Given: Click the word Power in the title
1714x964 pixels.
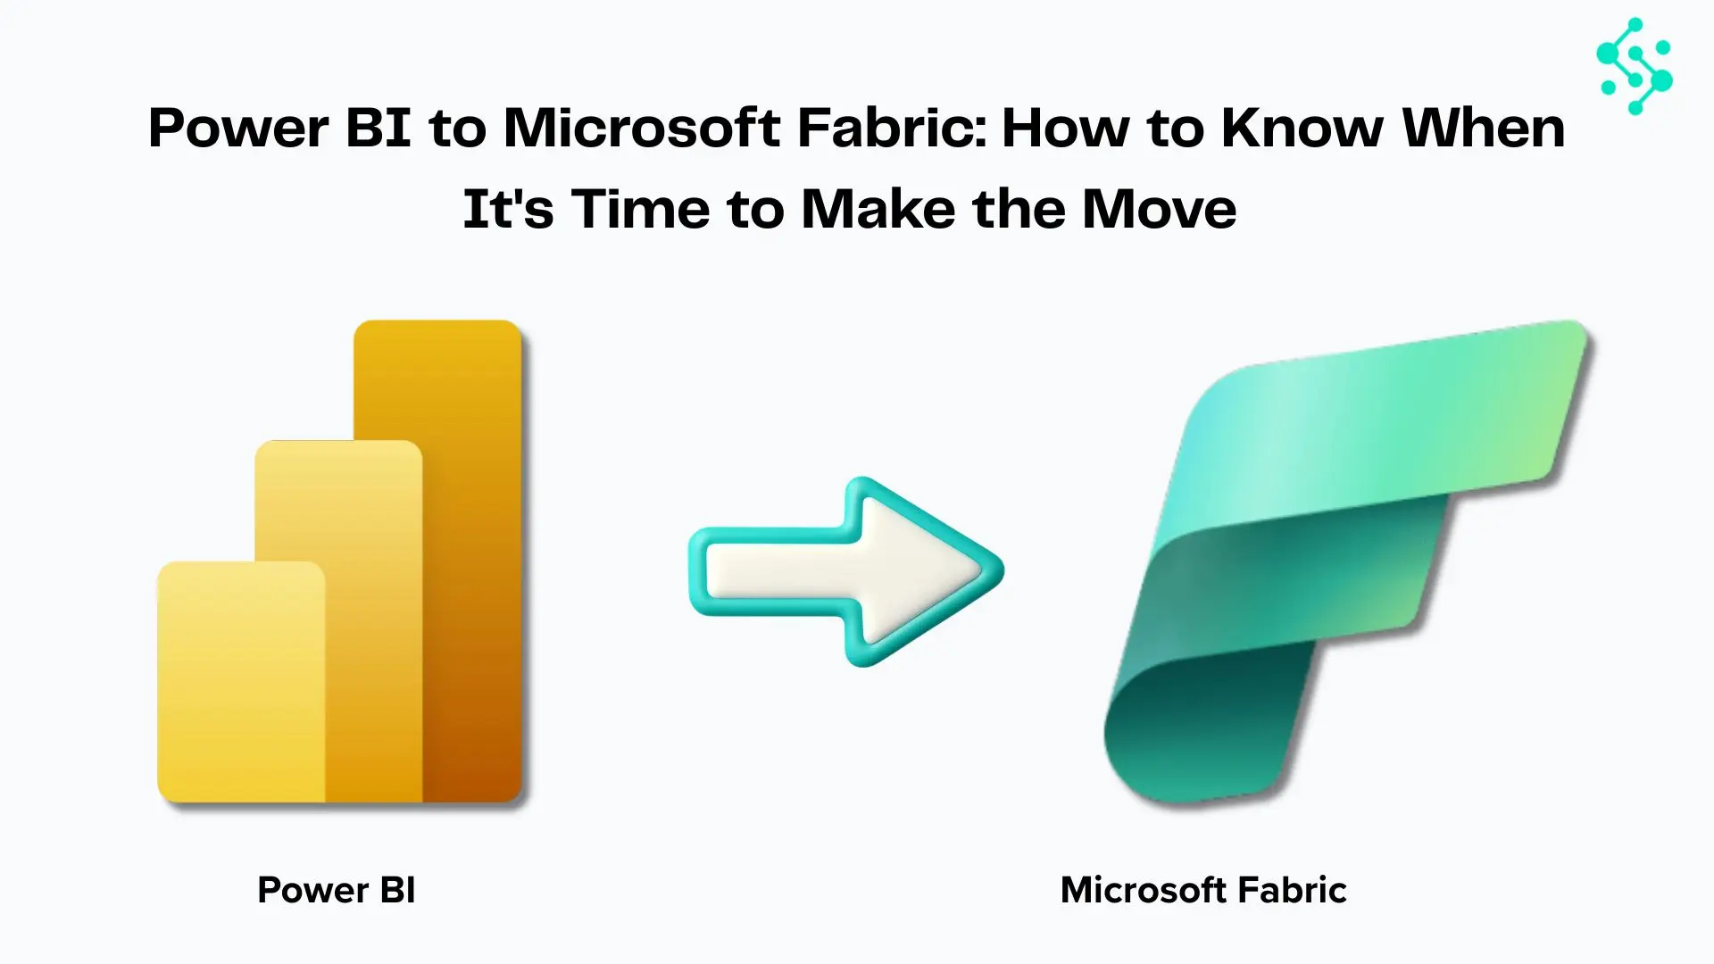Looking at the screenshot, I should click(238, 129).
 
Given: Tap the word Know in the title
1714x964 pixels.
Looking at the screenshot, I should click(1302, 129).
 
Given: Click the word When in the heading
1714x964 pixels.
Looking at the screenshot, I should click(1484, 129).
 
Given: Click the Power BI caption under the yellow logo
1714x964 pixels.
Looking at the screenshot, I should click(337, 890).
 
